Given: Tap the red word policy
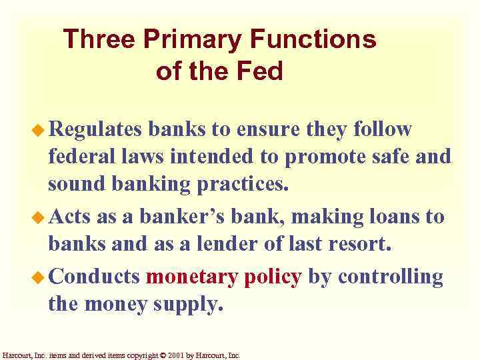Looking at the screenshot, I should tap(273, 277).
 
